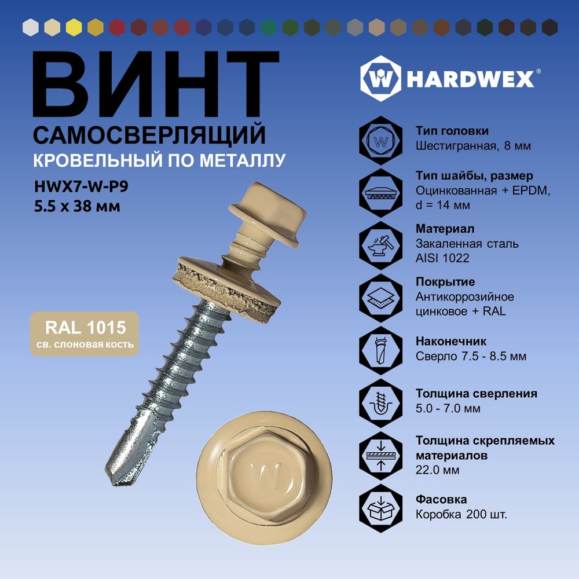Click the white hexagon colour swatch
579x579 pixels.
[x=31, y=27]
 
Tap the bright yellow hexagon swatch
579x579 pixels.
[x=74, y=27]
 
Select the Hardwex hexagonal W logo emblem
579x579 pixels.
[x=380, y=78]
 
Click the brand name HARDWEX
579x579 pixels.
[x=470, y=79]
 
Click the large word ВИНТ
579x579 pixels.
[x=155, y=84]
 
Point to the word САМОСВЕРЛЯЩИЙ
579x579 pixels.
[x=149, y=135]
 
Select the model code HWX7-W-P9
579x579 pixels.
[x=81, y=186]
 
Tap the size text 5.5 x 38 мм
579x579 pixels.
[x=77, y=206]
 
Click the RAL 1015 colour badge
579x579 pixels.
[x=85, y=334]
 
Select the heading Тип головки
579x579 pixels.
[x=452, y=131]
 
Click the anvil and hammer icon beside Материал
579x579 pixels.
[x=381, y=245]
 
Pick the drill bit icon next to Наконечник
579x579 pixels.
[x=381, y=350]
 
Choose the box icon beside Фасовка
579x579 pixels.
[x=381, y=508]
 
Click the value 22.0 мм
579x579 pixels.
[x=438, y=470]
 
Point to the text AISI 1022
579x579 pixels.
[x=442, y=258]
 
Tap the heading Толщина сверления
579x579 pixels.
[x=477, y=394]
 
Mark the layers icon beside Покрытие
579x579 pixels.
[x=381, y=298]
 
